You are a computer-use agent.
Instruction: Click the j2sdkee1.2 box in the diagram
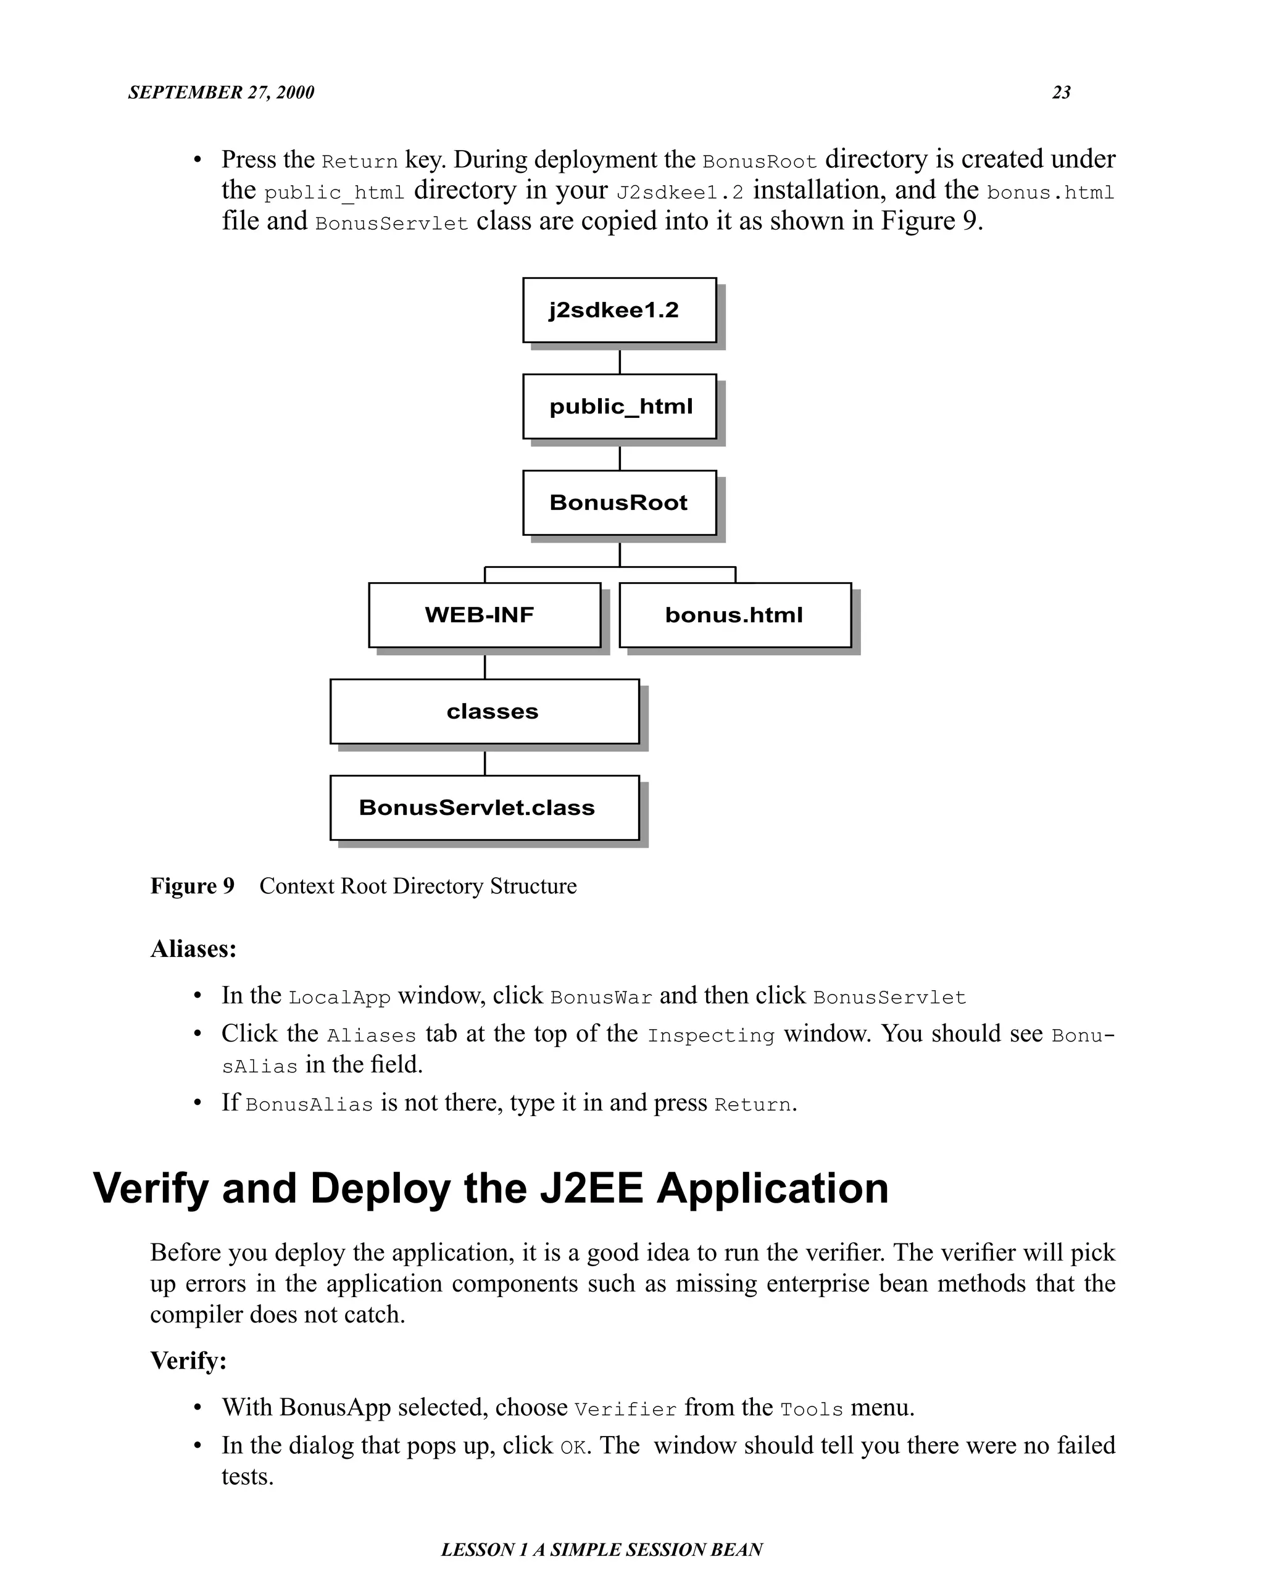619,310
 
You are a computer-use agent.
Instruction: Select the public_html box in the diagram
619,406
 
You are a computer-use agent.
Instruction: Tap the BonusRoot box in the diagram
619,503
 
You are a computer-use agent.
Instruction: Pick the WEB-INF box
484,615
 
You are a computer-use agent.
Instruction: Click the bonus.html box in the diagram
734,615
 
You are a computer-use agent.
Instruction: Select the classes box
484,711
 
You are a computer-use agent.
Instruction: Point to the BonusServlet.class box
484,808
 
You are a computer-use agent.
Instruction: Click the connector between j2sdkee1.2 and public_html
619,361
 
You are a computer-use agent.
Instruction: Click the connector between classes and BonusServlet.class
484,763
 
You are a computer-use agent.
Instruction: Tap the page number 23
1061,93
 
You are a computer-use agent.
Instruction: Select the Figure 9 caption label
192,886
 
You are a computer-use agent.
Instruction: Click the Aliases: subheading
193,949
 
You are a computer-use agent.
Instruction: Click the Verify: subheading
188,1361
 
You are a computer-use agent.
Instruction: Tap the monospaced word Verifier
625,1409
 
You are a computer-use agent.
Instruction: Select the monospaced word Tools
811,1409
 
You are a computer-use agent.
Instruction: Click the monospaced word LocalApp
339,998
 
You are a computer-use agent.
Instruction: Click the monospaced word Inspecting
710,1036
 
